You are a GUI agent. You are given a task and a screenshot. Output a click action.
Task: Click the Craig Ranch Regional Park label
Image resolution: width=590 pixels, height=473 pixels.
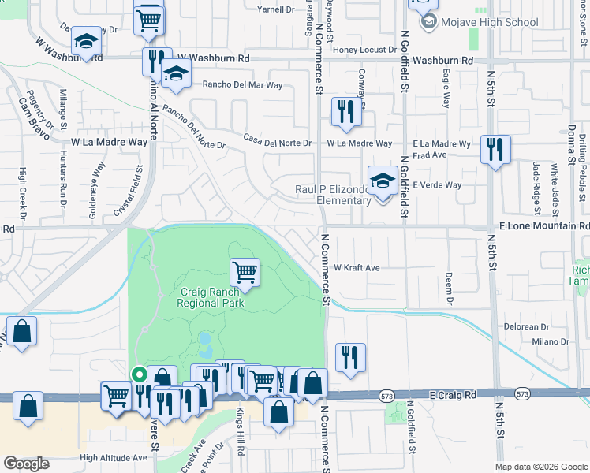coord(211,297)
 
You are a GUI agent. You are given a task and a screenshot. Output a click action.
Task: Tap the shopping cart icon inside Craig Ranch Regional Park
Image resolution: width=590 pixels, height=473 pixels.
coord(245,273)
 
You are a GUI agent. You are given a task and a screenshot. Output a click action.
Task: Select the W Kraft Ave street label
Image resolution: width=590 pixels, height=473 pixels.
coord(356,268)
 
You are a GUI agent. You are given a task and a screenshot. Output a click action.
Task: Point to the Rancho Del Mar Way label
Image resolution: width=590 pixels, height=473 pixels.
coord(242,84)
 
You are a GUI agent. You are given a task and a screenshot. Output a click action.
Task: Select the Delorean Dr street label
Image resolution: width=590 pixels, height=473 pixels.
coord(527,326)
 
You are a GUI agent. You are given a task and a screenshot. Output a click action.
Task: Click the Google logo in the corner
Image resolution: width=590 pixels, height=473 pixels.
coord(26,463)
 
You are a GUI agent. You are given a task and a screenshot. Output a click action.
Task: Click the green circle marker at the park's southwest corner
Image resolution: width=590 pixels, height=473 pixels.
coord(139,375)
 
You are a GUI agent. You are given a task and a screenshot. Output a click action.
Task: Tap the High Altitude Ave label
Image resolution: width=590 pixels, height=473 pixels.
coord(113,457)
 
